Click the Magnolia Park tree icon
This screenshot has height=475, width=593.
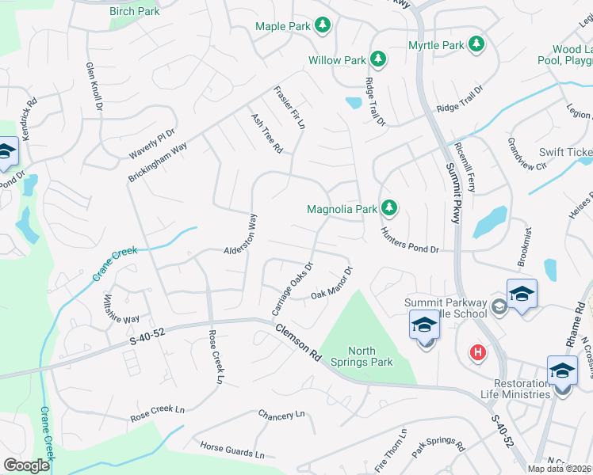388,209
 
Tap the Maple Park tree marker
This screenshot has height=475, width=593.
323,26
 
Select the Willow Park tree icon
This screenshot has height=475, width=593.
378,59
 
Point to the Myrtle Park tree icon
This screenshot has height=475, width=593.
476,45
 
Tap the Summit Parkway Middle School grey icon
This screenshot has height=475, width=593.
499,307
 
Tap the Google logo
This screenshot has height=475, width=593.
26,465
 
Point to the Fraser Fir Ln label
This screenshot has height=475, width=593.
290,109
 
